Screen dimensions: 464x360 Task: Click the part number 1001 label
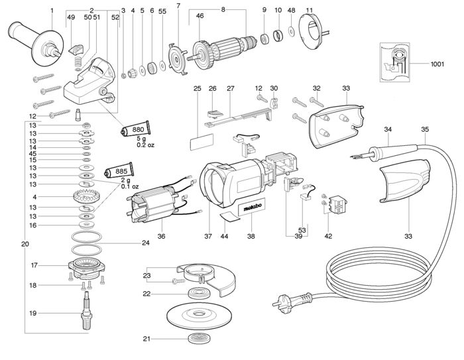(x=437, y=64)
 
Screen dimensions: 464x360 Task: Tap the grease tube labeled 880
(x=135, y=129)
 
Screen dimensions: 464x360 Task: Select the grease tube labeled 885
(x=119, y=171)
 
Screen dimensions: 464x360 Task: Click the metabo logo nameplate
(x=253, y=208)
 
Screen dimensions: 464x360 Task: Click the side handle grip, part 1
(x=36, y=43)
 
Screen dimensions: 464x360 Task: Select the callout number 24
(x=146, y=243)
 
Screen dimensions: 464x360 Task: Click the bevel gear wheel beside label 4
(x=86, y=197)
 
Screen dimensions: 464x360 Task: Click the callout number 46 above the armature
(x=200, y=15)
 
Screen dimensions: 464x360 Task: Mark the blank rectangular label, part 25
(x=202, y=142)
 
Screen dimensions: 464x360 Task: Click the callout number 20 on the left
(x=25, y=244)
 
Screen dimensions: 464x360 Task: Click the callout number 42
(x=328, y=236)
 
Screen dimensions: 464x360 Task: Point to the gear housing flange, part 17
(x=86, y=268)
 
